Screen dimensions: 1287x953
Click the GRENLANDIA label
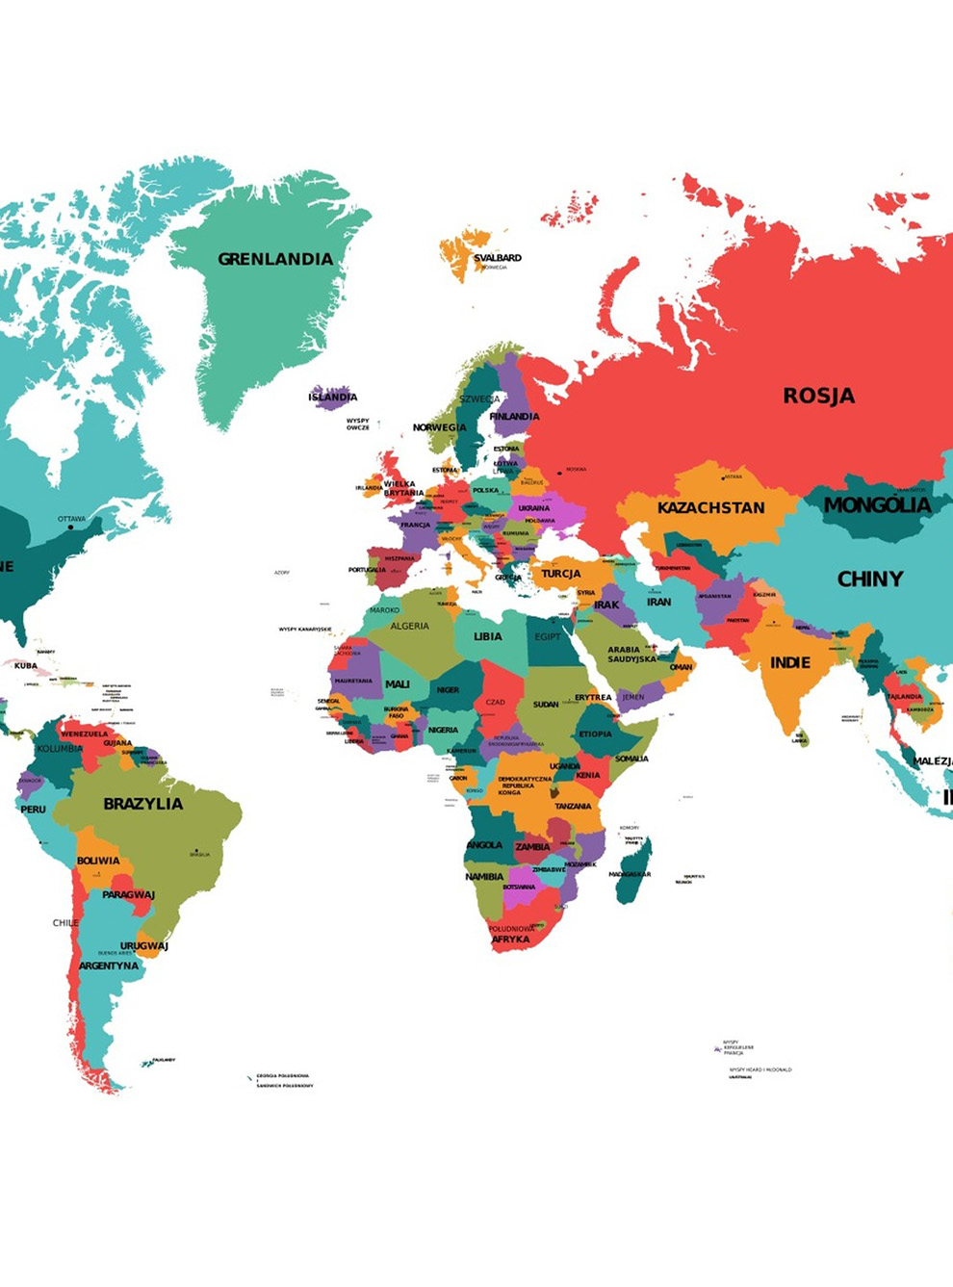tap(275, 259)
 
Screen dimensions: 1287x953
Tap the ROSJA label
tap(818, 396)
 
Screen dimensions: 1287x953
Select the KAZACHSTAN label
tap(711, 507)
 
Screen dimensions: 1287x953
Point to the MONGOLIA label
tap(877, 504)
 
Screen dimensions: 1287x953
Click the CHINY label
tap(870, 579)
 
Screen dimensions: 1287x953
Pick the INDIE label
tap(789, 662)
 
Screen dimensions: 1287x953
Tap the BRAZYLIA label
tap(143, 804)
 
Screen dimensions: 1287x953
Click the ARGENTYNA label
tap(109, 965)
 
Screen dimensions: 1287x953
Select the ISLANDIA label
tap(333, 397)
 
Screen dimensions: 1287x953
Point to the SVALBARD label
tap(498, 258)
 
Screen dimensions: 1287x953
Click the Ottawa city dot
tap(70, 527)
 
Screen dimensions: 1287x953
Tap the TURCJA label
tap(560, 574)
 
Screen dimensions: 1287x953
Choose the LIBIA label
tap(488, 636)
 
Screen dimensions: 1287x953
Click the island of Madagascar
tap(631, 871)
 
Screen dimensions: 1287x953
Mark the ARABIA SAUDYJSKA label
tap(631, 655)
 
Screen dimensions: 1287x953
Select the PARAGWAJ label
tap(128, 894)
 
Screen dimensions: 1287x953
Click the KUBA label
tap(26, 665)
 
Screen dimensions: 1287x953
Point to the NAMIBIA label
tap(484, 877)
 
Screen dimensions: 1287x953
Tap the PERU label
tap(34, 810)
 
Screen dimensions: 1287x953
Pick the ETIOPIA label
tap(595, 734)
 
